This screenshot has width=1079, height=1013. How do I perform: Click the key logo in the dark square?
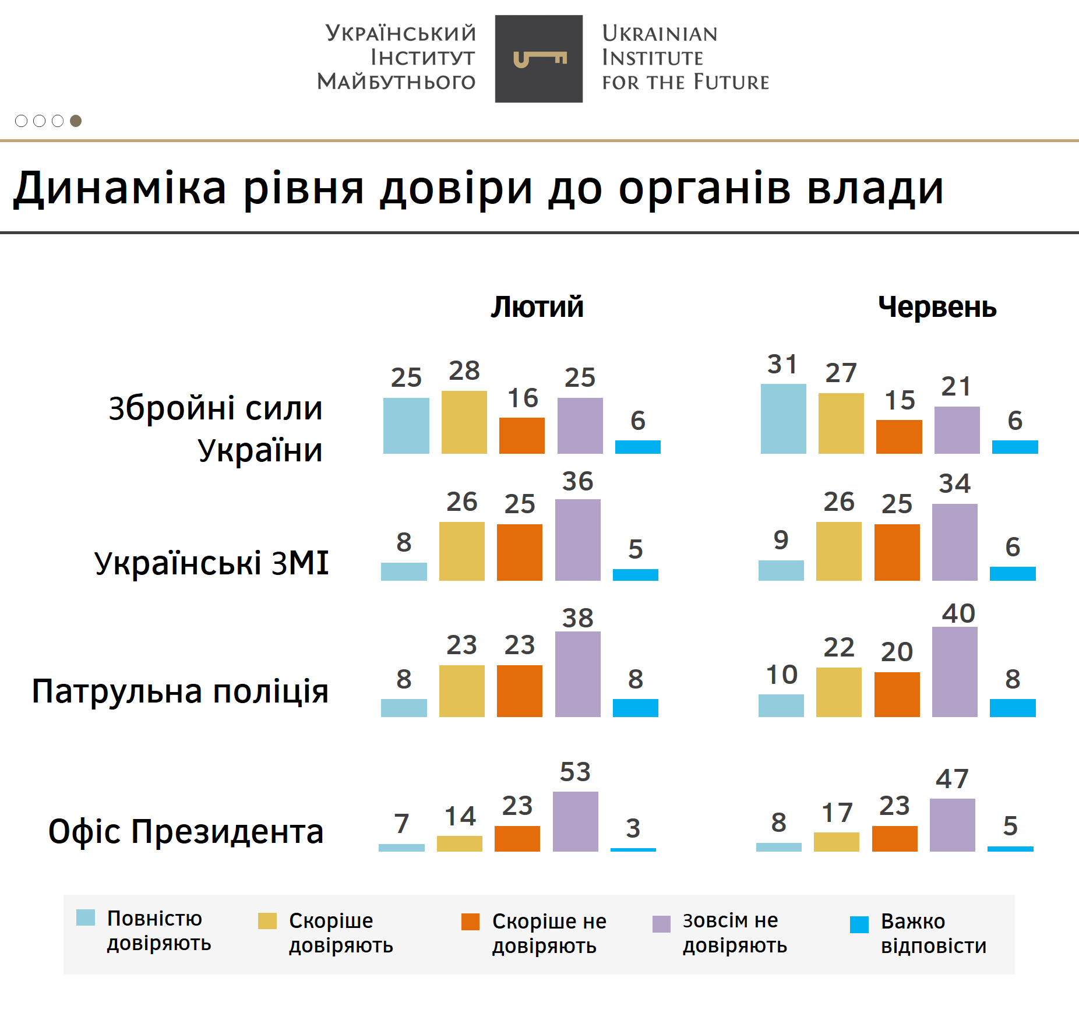pos(539,59)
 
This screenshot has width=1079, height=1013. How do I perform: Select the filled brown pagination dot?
pos(76,121)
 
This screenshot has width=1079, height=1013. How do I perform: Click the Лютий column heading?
pos(537,307)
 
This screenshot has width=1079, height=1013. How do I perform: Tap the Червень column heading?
pos(937,307)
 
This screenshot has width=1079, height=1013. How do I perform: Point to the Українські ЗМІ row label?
pos(211,563)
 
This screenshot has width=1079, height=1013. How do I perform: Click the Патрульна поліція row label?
pos(181,691)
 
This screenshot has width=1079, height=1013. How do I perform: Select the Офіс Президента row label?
pos(186,831)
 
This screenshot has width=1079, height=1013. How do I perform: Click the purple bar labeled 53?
pos(575,821)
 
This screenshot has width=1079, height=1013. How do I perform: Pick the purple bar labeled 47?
pos(952,825)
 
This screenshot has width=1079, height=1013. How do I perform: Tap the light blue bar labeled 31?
pos(783,418)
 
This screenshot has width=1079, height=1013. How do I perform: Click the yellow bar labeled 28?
pos(464,422)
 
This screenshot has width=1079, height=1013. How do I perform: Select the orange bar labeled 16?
pos(521,435)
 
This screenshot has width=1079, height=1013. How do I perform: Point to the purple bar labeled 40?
pos(954,672)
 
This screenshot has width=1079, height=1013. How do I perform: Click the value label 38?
pos(577,617)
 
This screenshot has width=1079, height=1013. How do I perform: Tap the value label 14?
pos(460,816)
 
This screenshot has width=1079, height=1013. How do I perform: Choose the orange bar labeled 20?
pos(897,694)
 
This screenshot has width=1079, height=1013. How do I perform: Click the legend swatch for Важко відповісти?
pos(859,924)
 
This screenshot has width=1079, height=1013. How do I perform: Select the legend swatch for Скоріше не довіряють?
pos(470,922)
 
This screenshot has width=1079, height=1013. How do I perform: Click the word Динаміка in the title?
pos(120,189)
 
